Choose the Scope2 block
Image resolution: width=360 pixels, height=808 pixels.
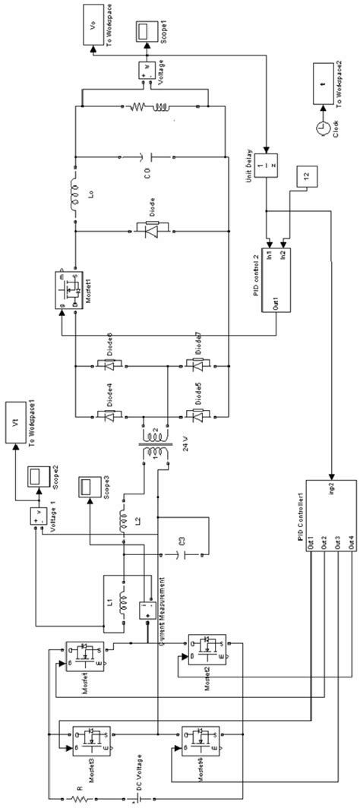tap(36, 475)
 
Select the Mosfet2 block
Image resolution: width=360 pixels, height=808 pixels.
tap(206, 651)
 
